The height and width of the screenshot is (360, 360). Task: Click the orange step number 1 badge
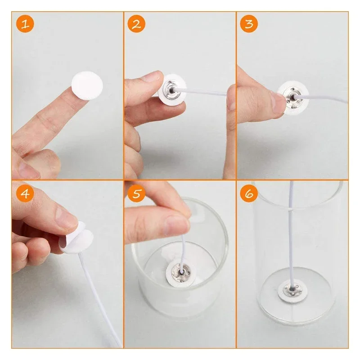(x=26, y=24)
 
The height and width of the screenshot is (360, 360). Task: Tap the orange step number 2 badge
(x=136, y=24)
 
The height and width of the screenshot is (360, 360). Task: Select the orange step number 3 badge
(x=249, y=24)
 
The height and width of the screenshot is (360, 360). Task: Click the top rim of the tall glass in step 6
(x=297, y=184)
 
